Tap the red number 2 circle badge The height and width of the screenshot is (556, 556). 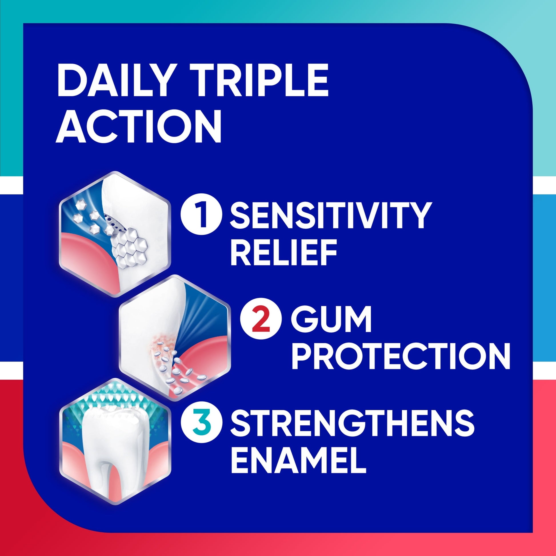click(x=261, y=324)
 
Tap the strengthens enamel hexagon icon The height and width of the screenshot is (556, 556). click(x=115, y=442)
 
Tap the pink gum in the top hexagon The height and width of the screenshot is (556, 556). click(x=86, y=253)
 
